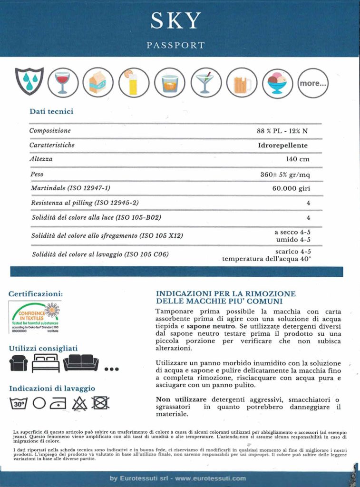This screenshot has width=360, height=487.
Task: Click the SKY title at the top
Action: point(175,21)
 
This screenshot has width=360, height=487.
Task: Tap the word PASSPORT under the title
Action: point(175,46)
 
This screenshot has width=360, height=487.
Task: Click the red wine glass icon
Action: point(63,83)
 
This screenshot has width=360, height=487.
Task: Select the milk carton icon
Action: point(97,83)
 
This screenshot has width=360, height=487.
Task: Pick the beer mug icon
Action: point(242,83)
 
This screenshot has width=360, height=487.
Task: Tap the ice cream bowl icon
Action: point(277,83)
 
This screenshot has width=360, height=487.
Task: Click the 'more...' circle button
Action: point(313,83)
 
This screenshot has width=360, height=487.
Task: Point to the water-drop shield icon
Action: point(29,81)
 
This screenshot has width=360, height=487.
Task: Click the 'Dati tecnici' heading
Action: point(51,112)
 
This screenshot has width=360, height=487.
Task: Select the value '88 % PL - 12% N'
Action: point(282,131)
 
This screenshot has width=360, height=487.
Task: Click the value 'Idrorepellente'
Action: point(282,145)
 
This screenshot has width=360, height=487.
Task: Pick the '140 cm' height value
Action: point(298,159)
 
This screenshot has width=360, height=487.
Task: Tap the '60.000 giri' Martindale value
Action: point(291,188)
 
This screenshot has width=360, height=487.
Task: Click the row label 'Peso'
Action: point(37,174)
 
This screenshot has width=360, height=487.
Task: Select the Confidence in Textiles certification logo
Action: point(35,317)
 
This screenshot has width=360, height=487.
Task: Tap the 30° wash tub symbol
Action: point(19,404)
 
